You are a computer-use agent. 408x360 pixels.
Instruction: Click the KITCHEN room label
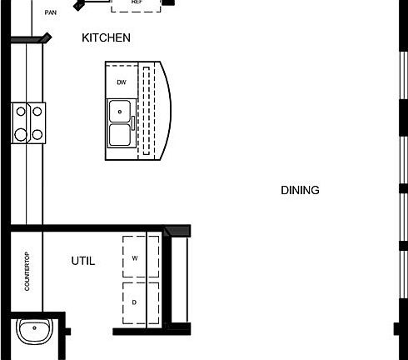click(106, 37)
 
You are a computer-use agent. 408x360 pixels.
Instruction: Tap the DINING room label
click(300, 190)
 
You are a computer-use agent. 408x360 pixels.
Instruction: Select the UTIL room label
click(83, 261)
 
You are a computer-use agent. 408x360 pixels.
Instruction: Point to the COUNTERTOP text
click(27, 271)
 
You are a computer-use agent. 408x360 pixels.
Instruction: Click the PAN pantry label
click(51, 12)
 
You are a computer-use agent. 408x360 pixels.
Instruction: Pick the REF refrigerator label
click(137, 2)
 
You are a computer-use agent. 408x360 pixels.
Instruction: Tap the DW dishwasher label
click(121, 82)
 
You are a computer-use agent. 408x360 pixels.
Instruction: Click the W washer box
click(134, 258)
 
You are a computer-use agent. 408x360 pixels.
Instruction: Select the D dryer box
click(134, 302)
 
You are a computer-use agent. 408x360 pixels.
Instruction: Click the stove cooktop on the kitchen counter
click(27, 122)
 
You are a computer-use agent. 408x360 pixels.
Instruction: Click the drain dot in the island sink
click(119, 110)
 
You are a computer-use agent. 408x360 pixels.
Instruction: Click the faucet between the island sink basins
click(131, 123)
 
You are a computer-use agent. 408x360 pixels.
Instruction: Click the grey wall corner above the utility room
click(177, 230)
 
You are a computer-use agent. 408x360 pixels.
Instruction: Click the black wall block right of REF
click(169, 2)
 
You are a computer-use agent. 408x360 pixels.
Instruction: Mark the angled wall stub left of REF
click(80, 4)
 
